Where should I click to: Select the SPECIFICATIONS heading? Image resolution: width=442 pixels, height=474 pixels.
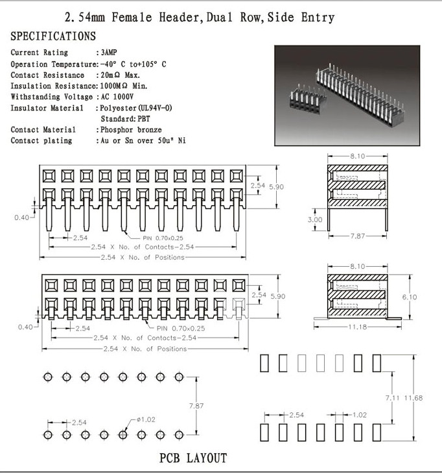point(53,36)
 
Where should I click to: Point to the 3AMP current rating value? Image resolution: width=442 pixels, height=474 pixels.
point(109,52)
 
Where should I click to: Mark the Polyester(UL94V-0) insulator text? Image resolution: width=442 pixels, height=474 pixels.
point(135,108)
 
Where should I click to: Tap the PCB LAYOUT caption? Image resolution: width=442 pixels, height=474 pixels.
point(193,458)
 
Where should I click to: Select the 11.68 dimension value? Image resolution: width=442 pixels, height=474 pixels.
point(413,397)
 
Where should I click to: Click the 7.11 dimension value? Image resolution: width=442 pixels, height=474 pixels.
point(393,397)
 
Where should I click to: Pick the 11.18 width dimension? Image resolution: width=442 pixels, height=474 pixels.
point(357,327)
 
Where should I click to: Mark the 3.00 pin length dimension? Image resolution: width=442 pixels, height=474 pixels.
point(314,219)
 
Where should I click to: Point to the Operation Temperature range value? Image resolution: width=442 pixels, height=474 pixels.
point(134,64)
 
